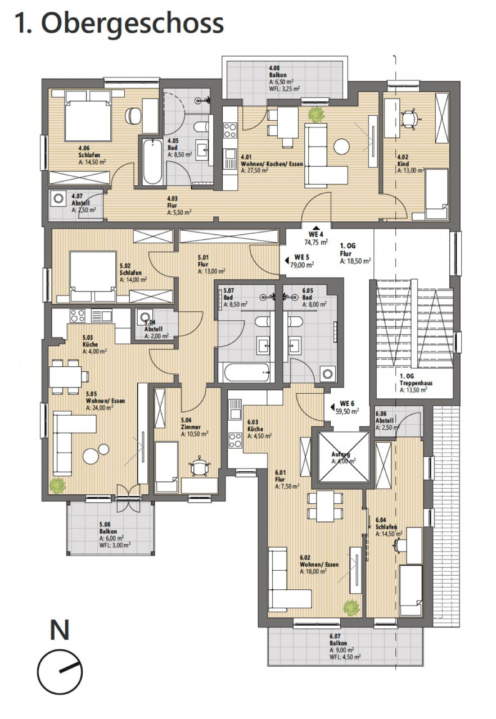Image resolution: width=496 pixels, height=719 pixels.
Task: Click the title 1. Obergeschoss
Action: [119, 24]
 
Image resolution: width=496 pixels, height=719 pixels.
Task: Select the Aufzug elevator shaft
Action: [344, 457]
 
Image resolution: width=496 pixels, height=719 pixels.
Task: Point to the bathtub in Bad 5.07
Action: [246, 372]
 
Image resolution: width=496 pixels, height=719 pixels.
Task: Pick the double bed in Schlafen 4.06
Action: [88, 116]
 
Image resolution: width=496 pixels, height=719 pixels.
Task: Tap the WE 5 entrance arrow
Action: [287, 260]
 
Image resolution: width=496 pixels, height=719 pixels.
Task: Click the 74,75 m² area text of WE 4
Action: [316, 242]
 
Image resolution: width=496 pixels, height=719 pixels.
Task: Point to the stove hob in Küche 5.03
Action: [78, 316]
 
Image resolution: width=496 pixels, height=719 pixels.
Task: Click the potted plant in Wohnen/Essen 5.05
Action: [58, 486]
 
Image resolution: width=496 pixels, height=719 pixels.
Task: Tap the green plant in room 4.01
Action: [316, 114]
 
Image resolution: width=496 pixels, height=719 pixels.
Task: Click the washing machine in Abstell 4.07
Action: [58, 198]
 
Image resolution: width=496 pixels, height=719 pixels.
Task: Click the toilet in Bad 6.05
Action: [295, 322]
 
